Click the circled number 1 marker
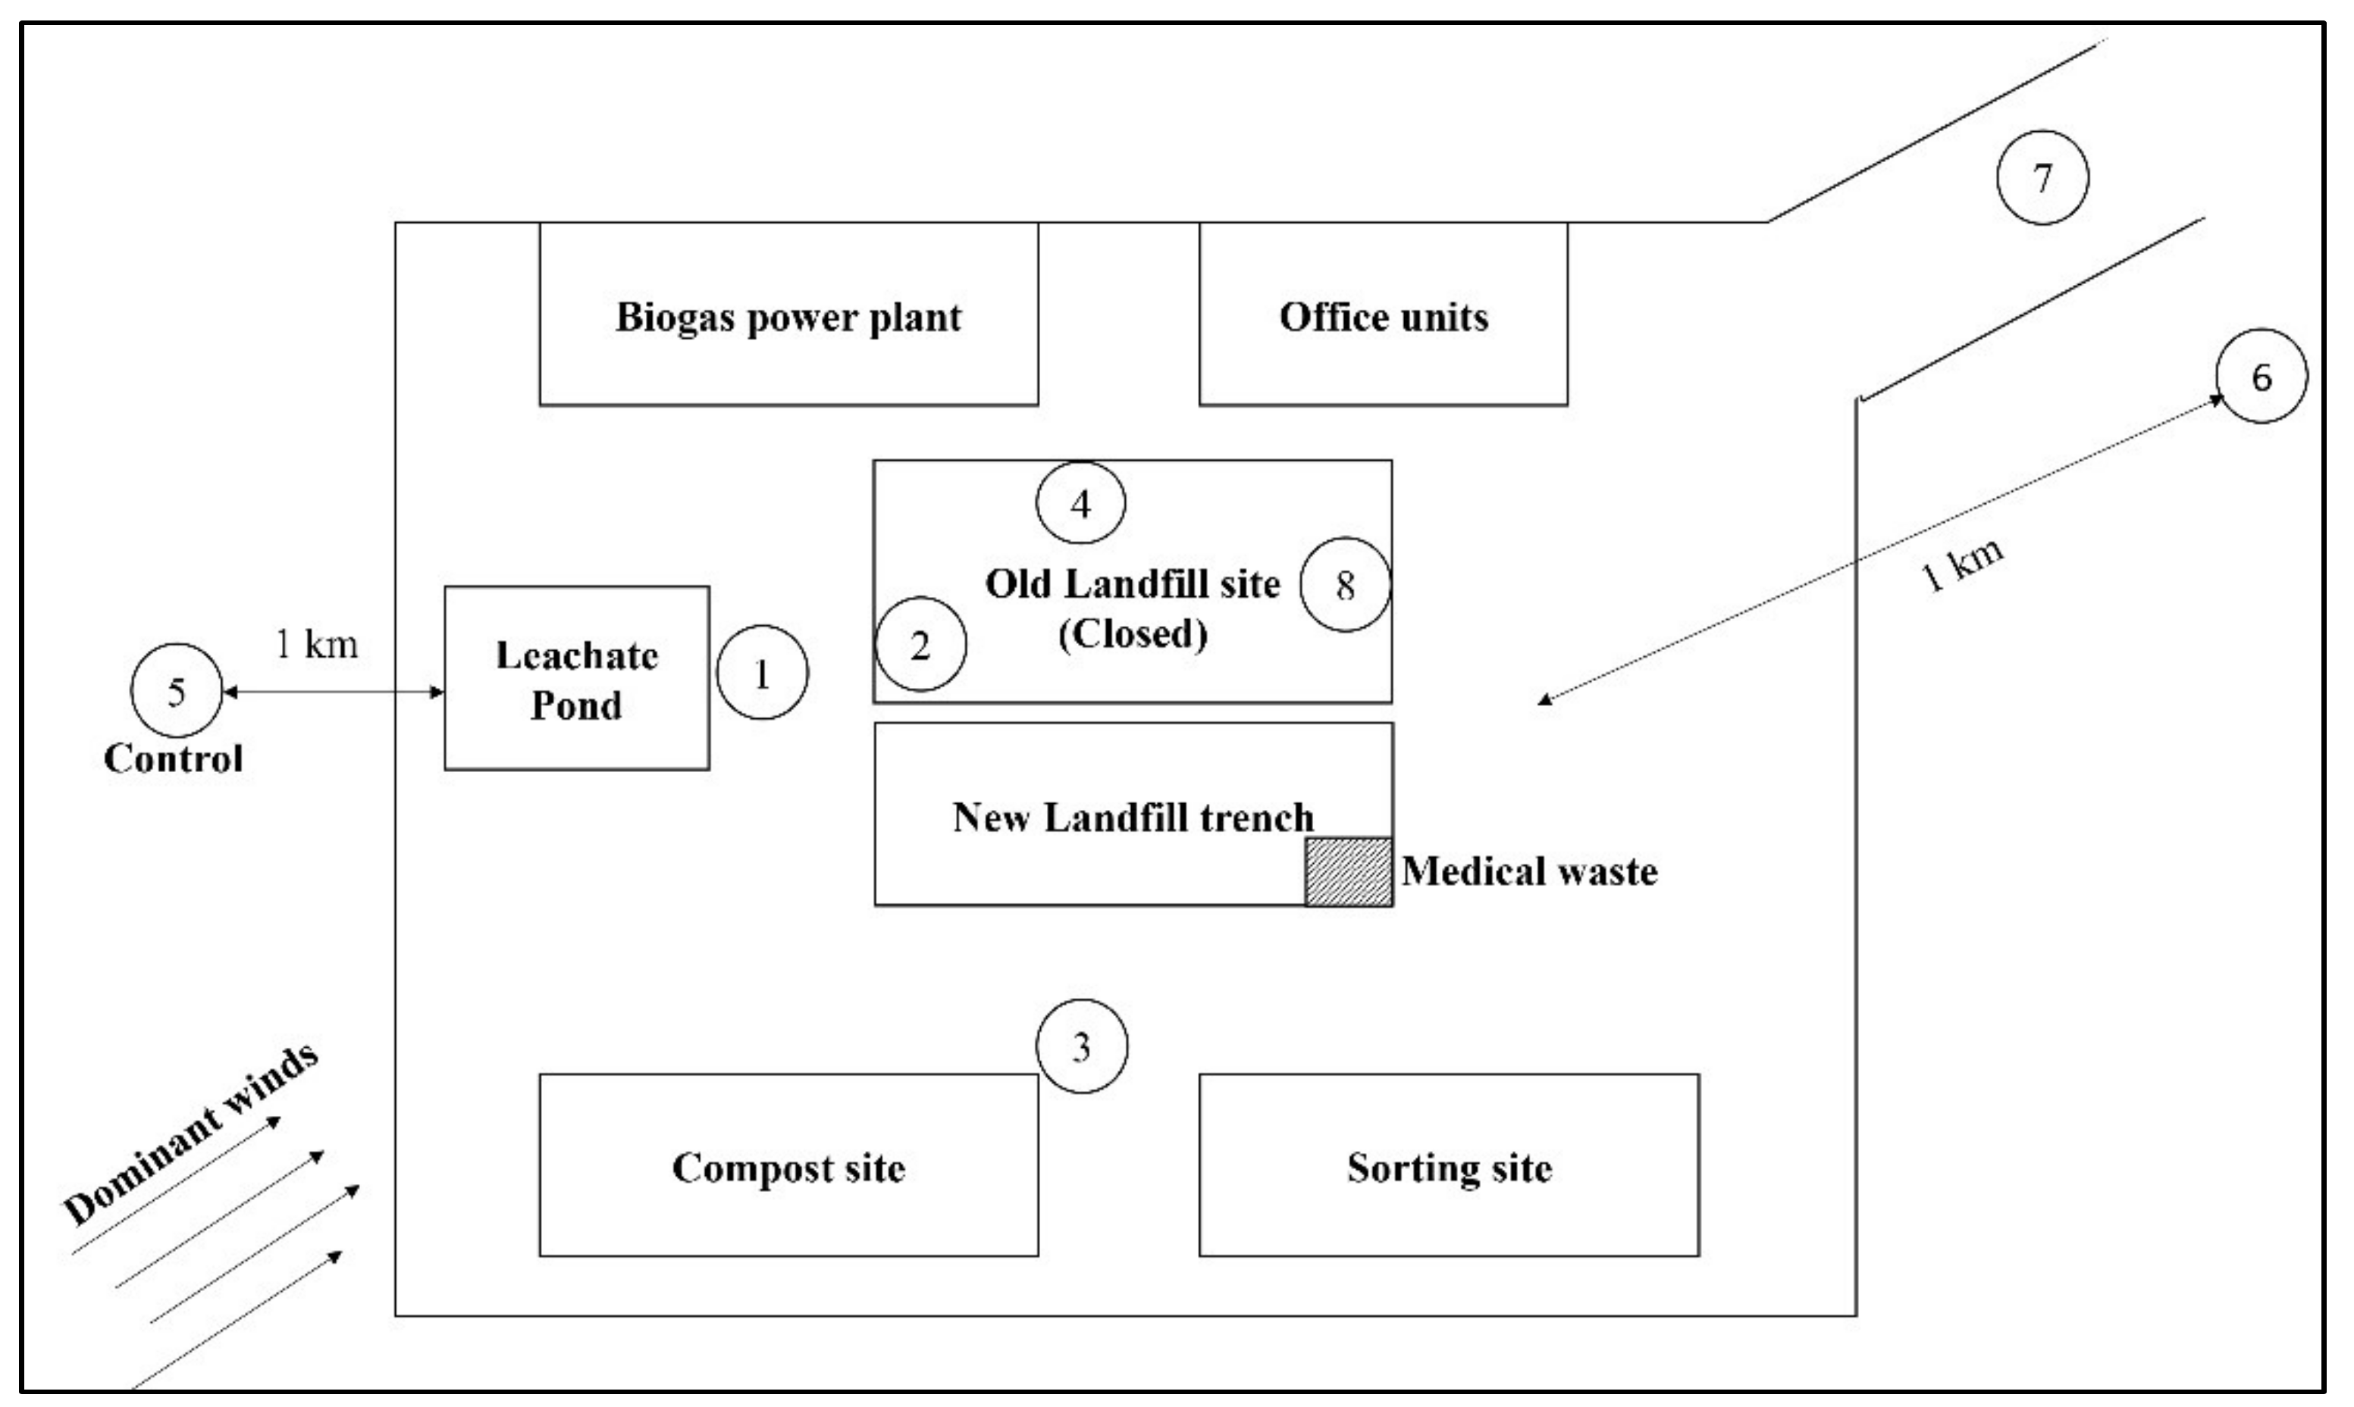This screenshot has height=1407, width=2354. (x=762, y=672)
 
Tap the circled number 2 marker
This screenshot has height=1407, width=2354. (x=920, y=645)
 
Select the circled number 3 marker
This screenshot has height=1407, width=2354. (x=1081, y=1046)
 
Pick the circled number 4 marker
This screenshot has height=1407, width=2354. (x=1080, y=503)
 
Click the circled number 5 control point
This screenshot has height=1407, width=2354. (x=175, y=691)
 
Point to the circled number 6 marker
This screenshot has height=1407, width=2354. (x=2261, y=377)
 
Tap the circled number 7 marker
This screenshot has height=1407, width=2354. (x=2042, y=177)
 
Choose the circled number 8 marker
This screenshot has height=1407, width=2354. (x=1345, y=585)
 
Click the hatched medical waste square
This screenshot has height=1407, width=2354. (x=1349, y=872)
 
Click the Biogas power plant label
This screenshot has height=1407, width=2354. (x=788, y=317)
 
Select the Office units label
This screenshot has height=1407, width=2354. (x=1383, y=317)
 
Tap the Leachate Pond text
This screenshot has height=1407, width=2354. (x=577, y=680)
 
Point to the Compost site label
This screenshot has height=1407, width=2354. (x=788, y=1168)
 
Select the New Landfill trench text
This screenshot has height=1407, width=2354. (x=1133, y=818)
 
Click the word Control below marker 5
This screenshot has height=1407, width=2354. (x=174, y=758)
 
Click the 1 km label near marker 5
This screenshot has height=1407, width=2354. (x=317, y=645)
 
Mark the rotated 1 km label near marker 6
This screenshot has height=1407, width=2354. (x=1961, y=566)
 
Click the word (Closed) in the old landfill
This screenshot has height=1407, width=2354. (x=1133, y=633)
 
